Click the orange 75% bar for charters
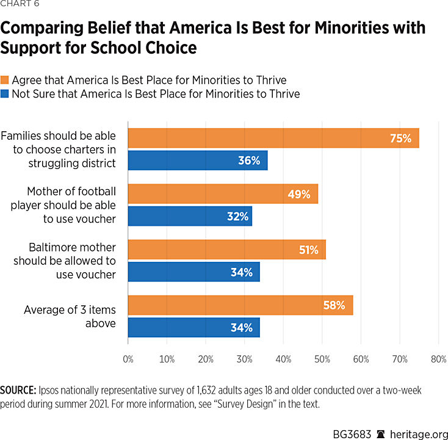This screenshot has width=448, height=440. tap(273, 138)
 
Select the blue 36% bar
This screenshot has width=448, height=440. tap(198, 160)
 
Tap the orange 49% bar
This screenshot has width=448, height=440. tap(223, 194)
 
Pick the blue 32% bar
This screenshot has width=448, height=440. tap(190, 216)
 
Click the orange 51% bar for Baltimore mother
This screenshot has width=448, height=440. tap(227, 250)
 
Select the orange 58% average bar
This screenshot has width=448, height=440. tap(240, 305)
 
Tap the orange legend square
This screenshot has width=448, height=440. tap(4, 80)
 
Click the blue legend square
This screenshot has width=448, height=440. tap(4, 94)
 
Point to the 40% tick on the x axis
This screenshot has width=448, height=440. tap(283, 359)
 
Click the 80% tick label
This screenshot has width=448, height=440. tap(438, 359)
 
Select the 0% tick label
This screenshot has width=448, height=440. tap(128, 359)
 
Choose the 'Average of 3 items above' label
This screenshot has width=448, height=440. tap(70, 316)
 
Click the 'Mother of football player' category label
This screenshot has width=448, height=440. tap(63, 205)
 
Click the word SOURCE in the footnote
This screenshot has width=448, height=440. tap(18, 389)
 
